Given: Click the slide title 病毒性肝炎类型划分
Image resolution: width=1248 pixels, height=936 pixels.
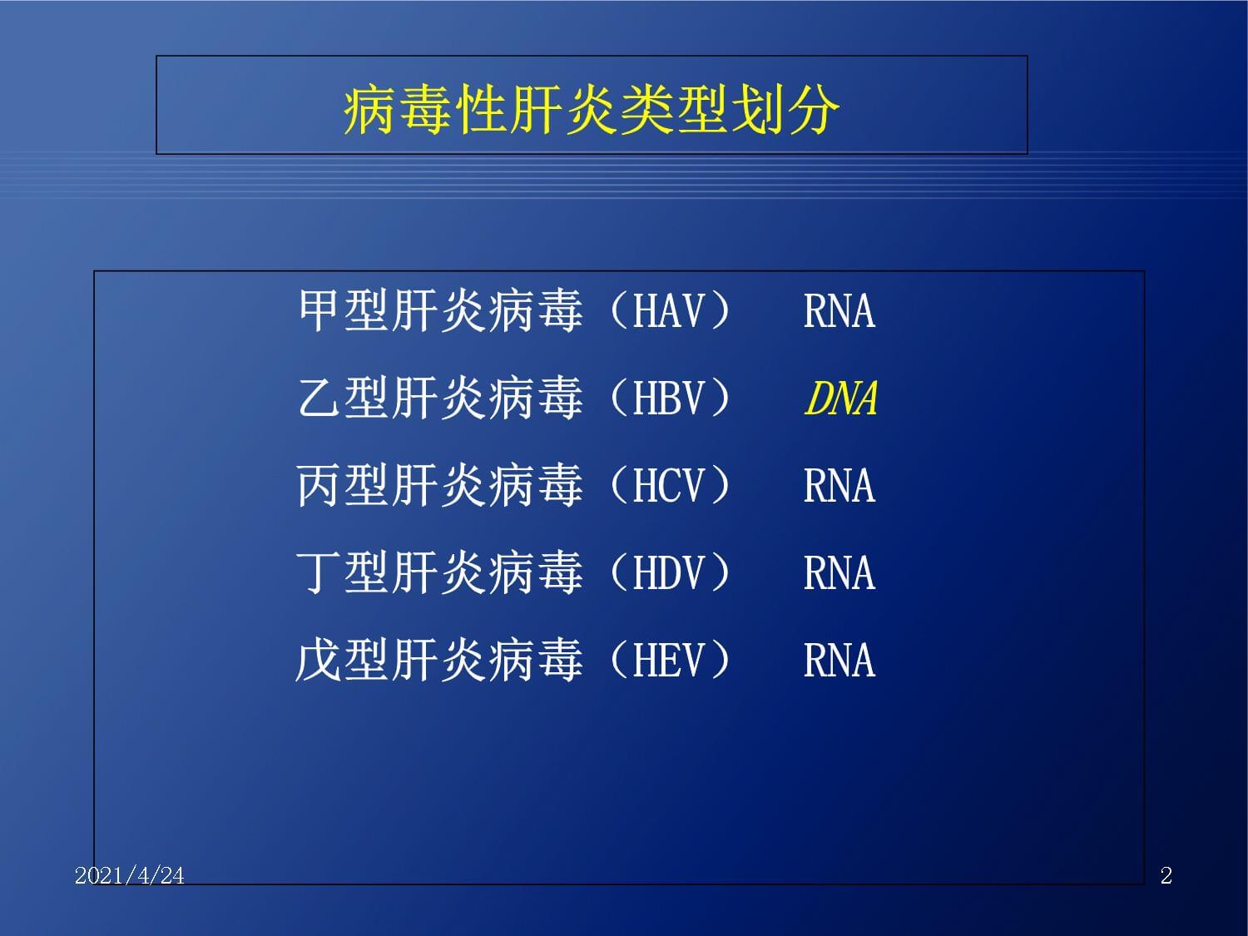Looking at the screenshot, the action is pos(592,110).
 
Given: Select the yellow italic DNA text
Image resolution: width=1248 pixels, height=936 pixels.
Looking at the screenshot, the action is pos(841,399).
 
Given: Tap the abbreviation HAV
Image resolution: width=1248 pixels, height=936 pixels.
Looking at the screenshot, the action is pos(669,311).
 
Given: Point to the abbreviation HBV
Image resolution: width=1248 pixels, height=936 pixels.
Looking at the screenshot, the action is pos(669,398).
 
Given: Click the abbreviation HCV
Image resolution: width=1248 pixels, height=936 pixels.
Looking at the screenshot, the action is pos(669,485).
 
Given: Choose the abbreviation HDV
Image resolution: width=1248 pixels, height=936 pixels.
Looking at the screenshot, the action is pos(669,573).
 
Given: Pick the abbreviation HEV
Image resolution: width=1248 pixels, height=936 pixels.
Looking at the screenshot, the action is pos(669,661).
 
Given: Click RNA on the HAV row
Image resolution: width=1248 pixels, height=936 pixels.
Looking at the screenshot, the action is pos(839,311).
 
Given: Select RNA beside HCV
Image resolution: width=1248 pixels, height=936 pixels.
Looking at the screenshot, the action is pos(839,485).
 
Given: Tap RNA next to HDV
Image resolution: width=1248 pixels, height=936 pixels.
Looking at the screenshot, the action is pos(839,573).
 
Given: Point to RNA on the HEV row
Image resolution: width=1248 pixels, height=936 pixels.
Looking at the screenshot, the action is pos(839,661).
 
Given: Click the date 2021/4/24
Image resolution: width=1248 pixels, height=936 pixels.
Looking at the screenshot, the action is pos(130,876).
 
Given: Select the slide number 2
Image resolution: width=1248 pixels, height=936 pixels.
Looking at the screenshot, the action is pos(1166,876).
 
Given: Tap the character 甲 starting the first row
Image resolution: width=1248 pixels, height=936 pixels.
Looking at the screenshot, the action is pos(319,310).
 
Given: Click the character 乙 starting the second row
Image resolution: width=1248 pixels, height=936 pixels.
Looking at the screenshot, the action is pos(319,398).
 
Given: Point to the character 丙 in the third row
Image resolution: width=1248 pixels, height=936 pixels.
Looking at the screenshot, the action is pos(319,485).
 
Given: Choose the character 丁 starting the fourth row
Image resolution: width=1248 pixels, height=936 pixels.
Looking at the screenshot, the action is pos(319,572).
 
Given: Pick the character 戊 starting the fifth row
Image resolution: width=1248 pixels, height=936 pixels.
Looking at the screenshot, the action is pos(319,660).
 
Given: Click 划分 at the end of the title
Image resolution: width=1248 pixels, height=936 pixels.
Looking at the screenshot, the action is pos(785,110).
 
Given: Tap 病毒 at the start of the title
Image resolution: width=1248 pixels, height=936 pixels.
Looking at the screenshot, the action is pos(397,110).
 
